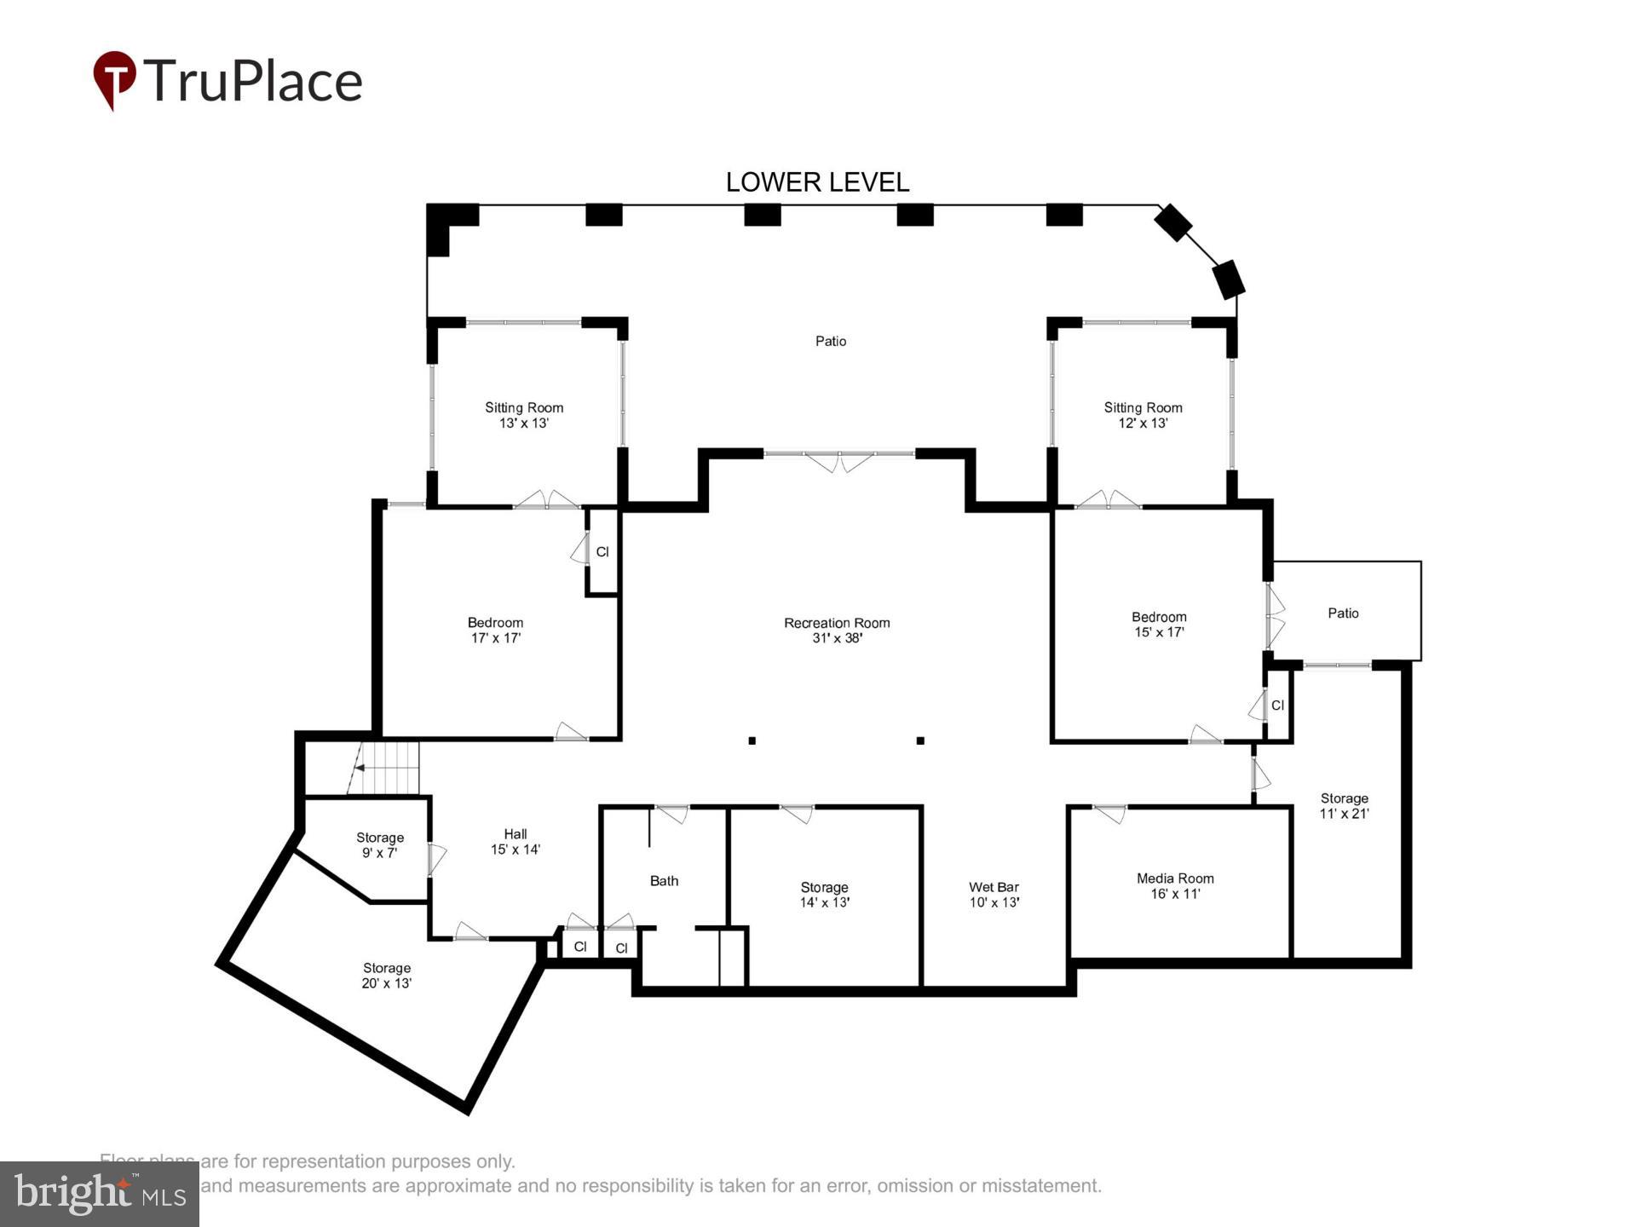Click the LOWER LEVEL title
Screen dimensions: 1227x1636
pyautogui.click(x=817, y=181)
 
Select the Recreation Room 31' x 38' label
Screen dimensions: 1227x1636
pyautogui.click(x=837, y=630)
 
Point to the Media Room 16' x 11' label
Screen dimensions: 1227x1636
pyautogui.click(x=1175, y=885)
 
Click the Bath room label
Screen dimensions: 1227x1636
pyautogui.click(x=664, y=880)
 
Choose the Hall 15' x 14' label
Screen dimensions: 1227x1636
pyautogui.click(x=515, y=841)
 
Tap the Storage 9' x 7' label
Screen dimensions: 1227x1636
pyautogui.click(x=380, y=844)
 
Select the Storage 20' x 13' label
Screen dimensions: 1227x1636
pyautogui.click(x=387, y=975)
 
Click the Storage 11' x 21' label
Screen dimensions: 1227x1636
pyautogui.click(x=1344, y=805)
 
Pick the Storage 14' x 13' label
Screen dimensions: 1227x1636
pyautogui.click(x=824, y=894)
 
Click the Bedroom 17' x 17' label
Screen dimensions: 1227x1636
pyautogui.click(x=495, y=630)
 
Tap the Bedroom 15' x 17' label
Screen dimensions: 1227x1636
pyautogui.click(x=1159, y=624)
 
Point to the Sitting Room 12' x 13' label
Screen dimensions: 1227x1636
pyautogui.click(x=1143, y=414)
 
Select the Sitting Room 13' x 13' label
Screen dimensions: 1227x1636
pyautogui.click(x=524, y=414)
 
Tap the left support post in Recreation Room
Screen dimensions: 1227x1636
pyautogui.click(x=752, y=740)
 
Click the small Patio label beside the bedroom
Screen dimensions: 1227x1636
pyautogui.click(x=1343, y=613)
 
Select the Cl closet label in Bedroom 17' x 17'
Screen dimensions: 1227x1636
pyautogui.click(x=602, y=551)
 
